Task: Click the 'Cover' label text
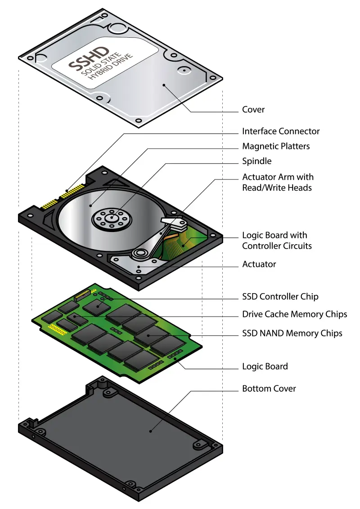pos(253,109)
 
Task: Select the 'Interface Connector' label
pos(281,131)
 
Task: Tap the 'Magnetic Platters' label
pos(276,146)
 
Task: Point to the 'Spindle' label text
pos(256,161)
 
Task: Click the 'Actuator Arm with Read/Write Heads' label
pos(278,182)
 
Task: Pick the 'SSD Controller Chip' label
pos(280,296)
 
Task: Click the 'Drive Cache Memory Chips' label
pos(294,314)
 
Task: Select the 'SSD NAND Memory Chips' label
pos(292,333)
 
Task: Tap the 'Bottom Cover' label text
pos(269,388)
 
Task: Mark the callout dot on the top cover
pos(164,84)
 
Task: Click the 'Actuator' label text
pos(259,264)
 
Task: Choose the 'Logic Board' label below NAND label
pos(265,366)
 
